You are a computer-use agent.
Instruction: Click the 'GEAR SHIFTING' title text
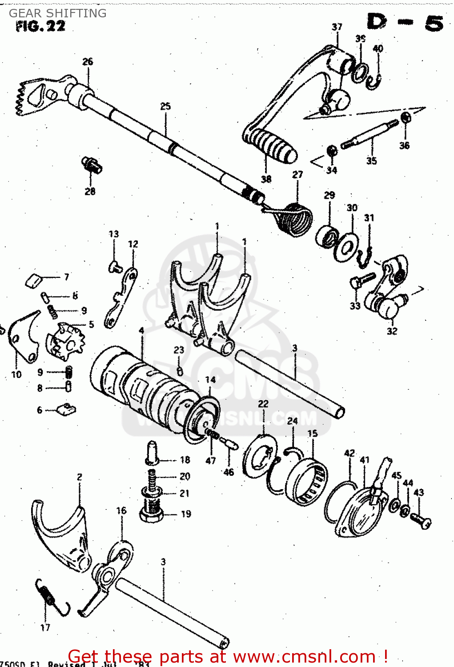(58, 13)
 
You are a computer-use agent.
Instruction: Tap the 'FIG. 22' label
(40, 26)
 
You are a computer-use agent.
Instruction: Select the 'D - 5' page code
(405, 22)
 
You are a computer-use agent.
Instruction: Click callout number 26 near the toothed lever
(88, 61)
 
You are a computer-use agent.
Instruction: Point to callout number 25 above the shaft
(165, 106)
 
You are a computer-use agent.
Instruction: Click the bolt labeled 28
(92, 165)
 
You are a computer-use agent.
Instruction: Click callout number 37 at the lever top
(337, 27)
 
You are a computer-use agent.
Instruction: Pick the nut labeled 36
(405, 118)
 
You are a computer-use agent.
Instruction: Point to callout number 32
(392, 331)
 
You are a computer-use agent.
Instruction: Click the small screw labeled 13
(115, 266)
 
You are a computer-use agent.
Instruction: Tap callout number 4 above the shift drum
(141, 331)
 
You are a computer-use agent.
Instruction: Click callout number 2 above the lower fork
(79, 477)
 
